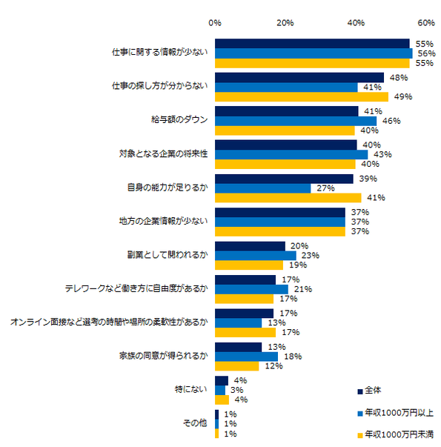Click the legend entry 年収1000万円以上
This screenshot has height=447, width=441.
397,412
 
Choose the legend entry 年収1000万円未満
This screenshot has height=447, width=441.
397,434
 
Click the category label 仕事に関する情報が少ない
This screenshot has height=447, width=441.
159,53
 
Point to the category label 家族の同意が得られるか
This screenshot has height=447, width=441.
168,356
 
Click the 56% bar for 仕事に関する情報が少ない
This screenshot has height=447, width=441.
314,53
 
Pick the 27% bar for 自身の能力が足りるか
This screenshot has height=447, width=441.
262,188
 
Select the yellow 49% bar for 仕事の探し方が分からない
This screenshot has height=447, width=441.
301,96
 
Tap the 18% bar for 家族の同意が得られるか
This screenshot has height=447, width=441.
246,357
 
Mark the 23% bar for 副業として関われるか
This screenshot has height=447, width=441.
255,255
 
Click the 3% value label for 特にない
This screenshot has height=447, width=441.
237,390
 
